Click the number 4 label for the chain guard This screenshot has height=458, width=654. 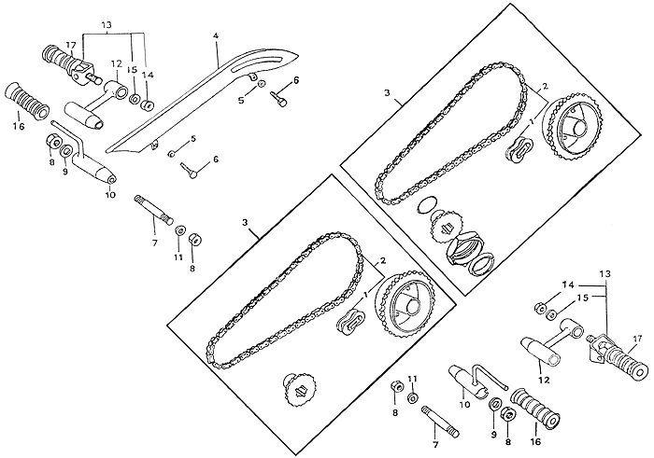pos(215,36)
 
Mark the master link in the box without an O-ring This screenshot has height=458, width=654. pos(350,322)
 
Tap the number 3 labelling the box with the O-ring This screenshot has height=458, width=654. pos(388,92)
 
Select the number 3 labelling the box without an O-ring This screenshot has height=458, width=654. pos(245,223)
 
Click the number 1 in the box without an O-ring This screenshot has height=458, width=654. pos(366,295)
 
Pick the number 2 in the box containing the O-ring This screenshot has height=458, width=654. pos(545,87)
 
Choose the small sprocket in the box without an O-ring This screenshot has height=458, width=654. pos(300,389)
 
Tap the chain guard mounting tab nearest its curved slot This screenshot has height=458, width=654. pos(251,76)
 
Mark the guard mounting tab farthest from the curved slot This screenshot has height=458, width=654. pos(155,144)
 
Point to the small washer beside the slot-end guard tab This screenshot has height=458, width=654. pos(262,83)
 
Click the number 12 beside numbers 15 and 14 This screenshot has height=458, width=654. pos(117,63)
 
